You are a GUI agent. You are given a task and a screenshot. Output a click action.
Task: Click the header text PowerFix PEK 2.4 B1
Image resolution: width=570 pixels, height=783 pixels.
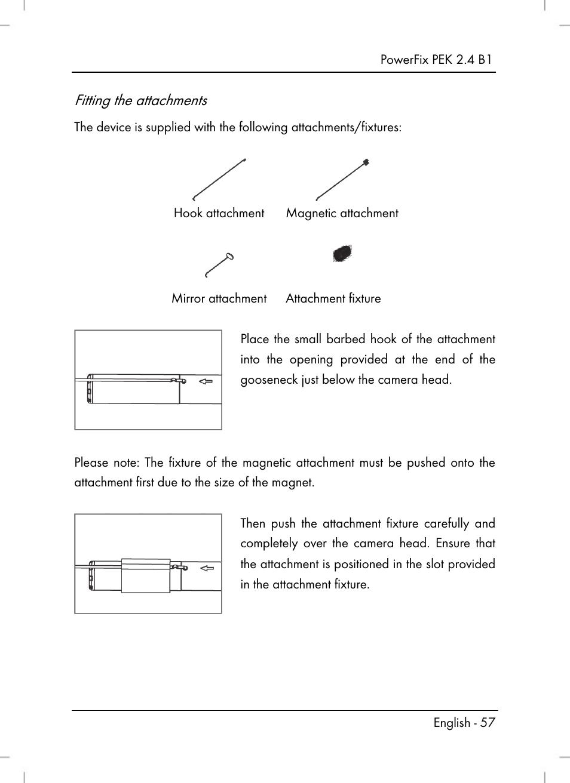436,60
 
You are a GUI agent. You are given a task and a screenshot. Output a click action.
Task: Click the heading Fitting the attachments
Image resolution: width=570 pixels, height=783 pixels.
140,100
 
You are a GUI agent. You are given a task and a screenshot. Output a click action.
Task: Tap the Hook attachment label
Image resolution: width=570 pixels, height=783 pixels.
219,213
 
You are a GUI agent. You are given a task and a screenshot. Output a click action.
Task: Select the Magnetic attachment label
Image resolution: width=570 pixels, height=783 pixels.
342,213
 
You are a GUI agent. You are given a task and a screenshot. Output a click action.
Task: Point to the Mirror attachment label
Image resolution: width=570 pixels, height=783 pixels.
219,298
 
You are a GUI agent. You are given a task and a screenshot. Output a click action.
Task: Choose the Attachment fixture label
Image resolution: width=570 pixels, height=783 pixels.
333,298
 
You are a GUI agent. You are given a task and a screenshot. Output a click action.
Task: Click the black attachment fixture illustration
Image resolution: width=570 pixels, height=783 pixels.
342,254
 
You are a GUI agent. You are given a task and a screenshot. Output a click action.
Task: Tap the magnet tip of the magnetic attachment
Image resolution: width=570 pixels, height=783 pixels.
366,162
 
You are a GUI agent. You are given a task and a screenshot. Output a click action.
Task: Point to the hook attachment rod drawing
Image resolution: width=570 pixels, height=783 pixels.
219,179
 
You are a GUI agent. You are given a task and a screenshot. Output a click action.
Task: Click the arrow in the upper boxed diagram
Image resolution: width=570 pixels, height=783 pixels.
206,381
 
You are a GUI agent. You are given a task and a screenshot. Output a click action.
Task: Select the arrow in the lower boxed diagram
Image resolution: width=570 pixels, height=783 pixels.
207,568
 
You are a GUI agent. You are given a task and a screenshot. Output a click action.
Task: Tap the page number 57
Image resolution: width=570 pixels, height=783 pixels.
488,723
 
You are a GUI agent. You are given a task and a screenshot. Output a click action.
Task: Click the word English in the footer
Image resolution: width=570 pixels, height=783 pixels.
452,723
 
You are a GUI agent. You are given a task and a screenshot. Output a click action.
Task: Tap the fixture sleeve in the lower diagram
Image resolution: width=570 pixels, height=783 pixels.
146,575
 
